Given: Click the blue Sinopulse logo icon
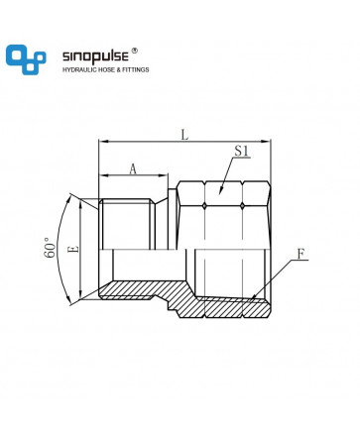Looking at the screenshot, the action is tap(26, 59).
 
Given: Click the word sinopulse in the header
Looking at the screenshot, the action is tap(95, 56).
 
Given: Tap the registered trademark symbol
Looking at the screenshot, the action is tap(135, 51).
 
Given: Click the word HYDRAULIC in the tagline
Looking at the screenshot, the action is tap(78, 69).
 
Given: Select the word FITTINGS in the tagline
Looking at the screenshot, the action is tap(136, 69).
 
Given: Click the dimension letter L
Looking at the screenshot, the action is tap(184, 135).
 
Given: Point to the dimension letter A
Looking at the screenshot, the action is tap(133, 169).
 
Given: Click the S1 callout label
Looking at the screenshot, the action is tap(242, 151).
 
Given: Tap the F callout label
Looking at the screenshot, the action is tap(300, 254).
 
